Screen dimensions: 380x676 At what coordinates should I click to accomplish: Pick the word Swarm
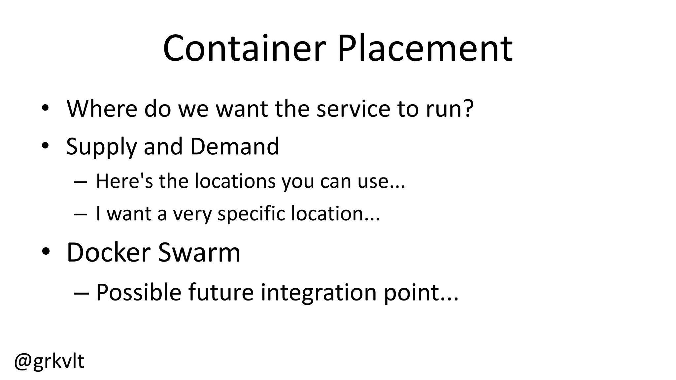tap(199, 252)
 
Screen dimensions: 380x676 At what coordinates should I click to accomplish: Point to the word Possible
tap(139, 292)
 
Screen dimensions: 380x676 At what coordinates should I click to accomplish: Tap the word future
tap(221, 292)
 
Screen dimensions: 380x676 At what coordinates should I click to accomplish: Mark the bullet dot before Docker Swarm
tap(46, 252)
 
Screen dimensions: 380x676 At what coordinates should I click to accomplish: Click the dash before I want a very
tap(81, 214)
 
